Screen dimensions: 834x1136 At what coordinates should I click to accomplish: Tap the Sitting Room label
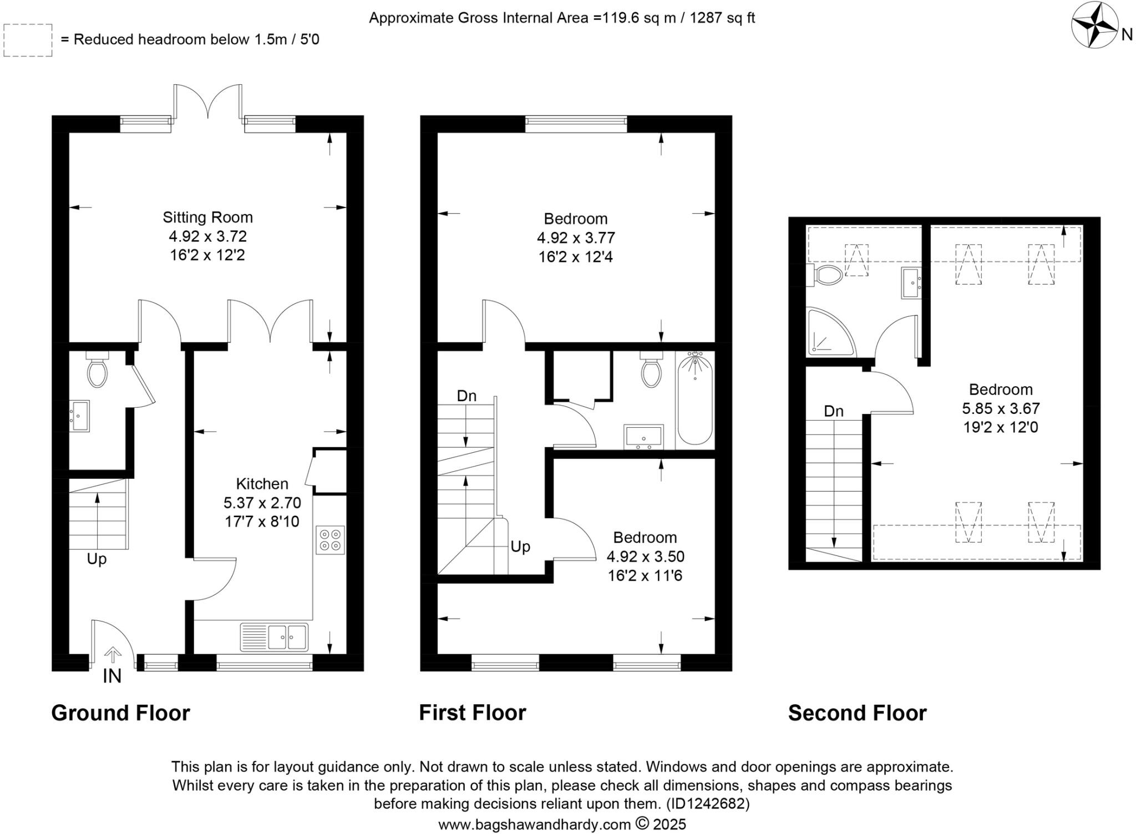click(x=207, y=218)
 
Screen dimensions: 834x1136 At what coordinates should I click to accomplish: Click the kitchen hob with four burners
click(x=330, y=540)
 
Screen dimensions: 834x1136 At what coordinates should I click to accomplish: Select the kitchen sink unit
click(x=274, y=637)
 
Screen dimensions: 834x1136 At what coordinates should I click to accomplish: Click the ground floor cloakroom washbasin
click(x=79, y=416)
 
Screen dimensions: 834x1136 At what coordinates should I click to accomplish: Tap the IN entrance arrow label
click(x=112, y=676)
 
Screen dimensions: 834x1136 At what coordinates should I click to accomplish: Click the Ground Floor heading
click(x=120, y=713)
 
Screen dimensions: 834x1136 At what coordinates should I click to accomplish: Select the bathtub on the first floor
click(x=695, y=399)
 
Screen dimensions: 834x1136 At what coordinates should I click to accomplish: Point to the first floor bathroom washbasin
click(x=643, y=436)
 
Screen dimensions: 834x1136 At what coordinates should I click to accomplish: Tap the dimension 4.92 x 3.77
click(x=576, y=238)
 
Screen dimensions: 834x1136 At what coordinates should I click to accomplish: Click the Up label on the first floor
click(x=520, y=547)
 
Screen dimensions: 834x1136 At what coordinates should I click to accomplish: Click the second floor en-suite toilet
click(x=826, y=275)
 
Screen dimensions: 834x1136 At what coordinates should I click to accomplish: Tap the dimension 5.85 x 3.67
click(x=1001, y=409)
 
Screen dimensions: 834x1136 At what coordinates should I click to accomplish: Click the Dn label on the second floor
click(x=834, y=411)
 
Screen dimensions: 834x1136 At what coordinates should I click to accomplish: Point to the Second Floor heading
click(x=857, y=713)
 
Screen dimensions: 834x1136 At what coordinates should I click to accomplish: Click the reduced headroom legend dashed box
click(x=28, y=40)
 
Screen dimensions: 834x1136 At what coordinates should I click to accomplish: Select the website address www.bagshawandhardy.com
click(x=534, y=824)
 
